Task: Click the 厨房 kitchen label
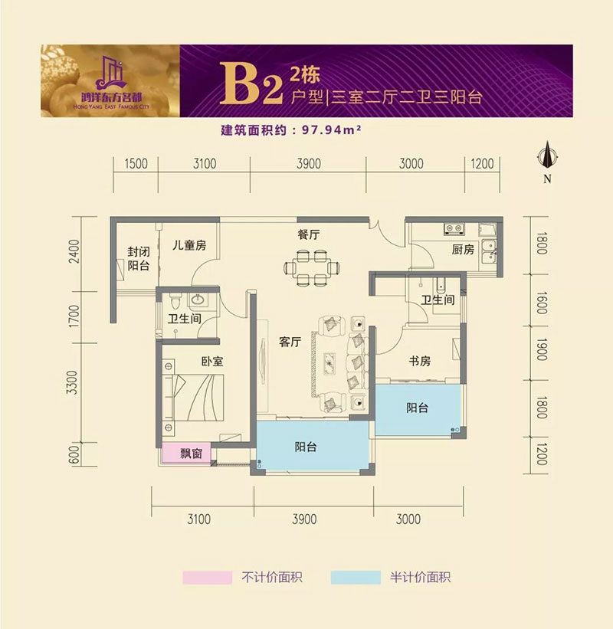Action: coord(463,250)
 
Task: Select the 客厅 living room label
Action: coord(289,342)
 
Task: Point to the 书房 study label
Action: coord(415,359)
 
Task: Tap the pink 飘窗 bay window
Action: coord(188,453)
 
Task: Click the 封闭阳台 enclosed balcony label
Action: coord(138,258)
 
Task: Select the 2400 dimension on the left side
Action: coord(74,251)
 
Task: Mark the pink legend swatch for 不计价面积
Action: coord(206,576)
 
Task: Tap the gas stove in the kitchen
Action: coord(451,228)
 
